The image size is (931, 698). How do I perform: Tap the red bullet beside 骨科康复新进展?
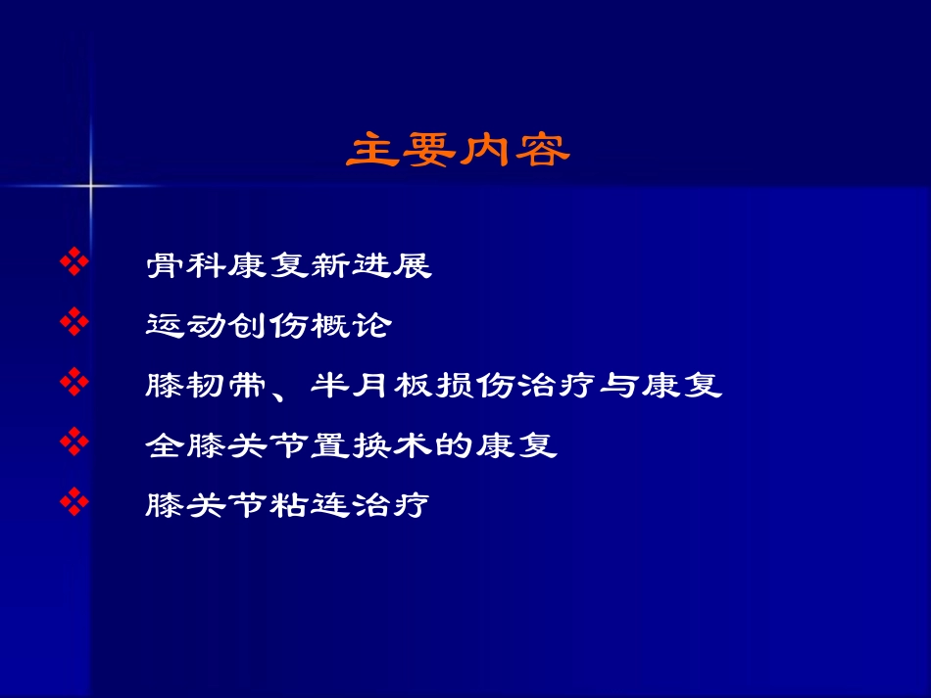[x=74, y=261]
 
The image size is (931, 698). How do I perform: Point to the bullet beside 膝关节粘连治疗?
[x=74, y=503]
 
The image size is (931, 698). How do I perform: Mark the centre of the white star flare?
[x=90, y=184]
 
